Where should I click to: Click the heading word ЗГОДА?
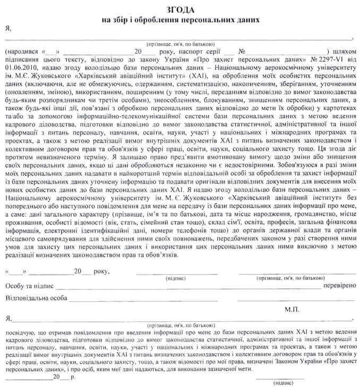(181, 10)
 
